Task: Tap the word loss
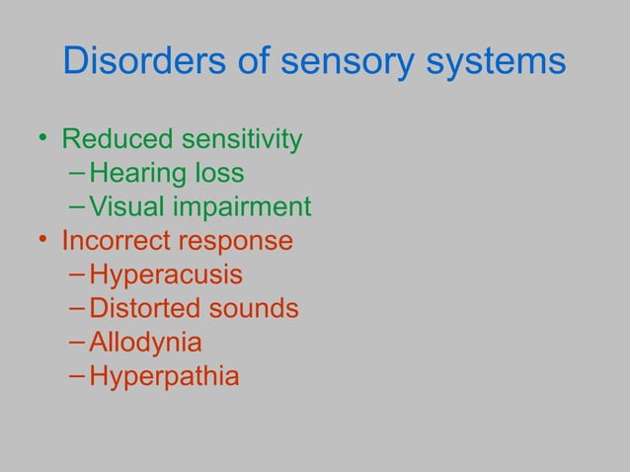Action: pyautogui.click(x=218, y=174)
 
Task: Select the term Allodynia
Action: pyautogui.click(x=145, y=343)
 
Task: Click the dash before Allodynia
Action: pyautogui.click(x=78, y=343)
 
